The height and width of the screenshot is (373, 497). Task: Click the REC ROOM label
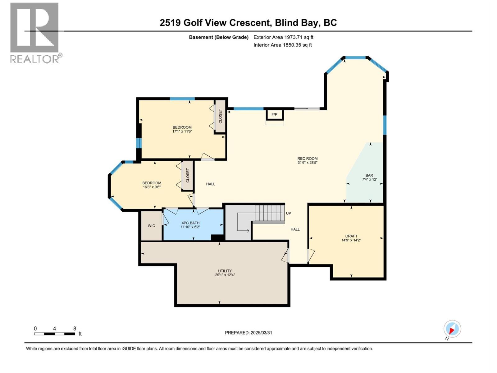pyautogui.click(x=307, y=159)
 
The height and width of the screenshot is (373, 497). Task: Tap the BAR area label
pyautogui.click(x=369, y=175)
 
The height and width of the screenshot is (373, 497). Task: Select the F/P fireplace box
pyautogui.click(x=275, y=114)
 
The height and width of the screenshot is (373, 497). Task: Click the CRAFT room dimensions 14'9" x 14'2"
pyautogui.click(x=351, y=240)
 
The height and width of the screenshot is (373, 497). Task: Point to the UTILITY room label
pyautogui.click(x=225, y=271)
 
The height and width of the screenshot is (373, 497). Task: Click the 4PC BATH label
pyautogui.click(x=190, y=223)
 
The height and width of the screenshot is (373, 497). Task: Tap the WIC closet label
pyautogui.click(x=151, y=226)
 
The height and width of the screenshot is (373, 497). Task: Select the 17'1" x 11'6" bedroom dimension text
pyautogui.click(x=182, y=131)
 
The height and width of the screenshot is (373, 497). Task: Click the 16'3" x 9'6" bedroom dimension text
pyautogui.click(x=152, y=187)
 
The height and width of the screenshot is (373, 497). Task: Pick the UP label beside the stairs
pyautogui.click(x=289, y=213)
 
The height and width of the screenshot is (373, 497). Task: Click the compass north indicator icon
pyautogui.click(x=452, y=329)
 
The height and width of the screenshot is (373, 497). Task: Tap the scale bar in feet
pyautogui.click(x=55, y=334)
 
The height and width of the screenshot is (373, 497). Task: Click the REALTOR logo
pyautogui.click(x=34, y=33)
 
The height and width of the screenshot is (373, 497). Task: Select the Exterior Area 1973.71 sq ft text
pyautogui.click(x=283, y=37)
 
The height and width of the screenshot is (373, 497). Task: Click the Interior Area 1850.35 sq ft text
pyautogui.click(x=282, y=45)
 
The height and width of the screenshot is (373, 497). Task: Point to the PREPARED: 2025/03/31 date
pyautogui.click(x=248, y=333)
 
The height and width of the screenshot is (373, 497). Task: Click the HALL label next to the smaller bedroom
pyautogui.click(x=211, y=184)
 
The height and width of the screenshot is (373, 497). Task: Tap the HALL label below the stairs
pyautogui.click(x=295, y=229)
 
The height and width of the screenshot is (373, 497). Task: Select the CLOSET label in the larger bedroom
pyautogui.click(x=220, y=116)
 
